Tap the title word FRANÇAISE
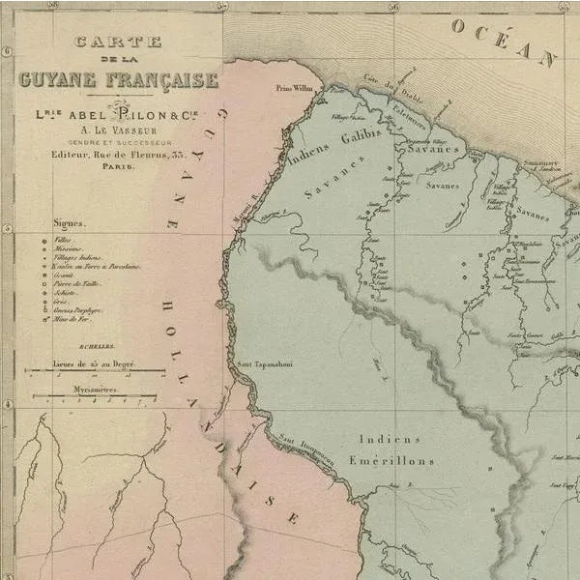pyautogui.click(x=163, y=79)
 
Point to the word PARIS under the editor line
pyautogui.click(x=115, y=166)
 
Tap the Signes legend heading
pyautogui.click(x=68, y=222)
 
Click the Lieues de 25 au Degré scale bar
pyautogui.click(x=94, y=369)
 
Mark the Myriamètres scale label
pyautogui.click(x=95, y=390)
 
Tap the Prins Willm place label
pyautogui.click(x=295, y=87)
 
